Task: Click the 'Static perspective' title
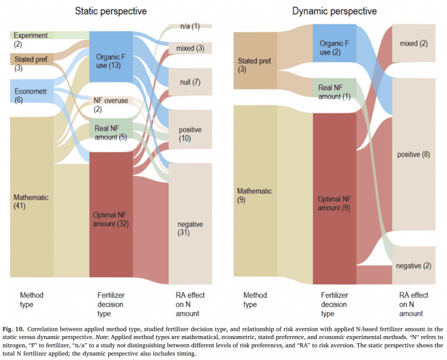coord(111,10)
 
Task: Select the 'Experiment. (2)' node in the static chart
coord(31,39)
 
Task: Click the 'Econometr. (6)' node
coord(31,95)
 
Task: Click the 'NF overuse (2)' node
coord(111,105)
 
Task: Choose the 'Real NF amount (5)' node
coord(111,132)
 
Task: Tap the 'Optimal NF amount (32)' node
coord(111,219)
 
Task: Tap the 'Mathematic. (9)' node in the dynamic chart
coord(255,195)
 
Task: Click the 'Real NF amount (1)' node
coord(334,91)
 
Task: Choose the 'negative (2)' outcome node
coord(413,265)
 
